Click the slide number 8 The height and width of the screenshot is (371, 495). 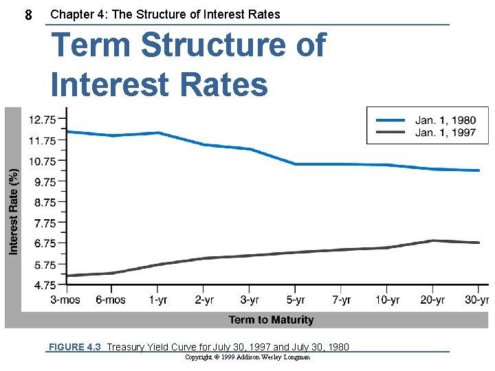(x=28, y=14)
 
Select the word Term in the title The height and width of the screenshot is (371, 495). (x=92, y=46)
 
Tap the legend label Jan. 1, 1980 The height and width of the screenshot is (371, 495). (x=445, y=121)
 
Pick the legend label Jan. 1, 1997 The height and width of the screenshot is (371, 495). (x=445, y=133)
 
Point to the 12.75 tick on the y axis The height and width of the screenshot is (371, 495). (x=43, y=120)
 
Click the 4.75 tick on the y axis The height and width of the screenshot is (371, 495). (x=43, y=284)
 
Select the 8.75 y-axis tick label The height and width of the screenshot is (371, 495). (x=43, y=202)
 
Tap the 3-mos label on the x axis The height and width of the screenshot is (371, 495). (x=65, y=300)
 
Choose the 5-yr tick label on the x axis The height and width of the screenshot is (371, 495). (x=295, y=300)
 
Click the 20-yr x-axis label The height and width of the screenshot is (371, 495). (x=432, y=300)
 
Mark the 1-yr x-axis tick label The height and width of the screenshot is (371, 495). (x=157, y=300)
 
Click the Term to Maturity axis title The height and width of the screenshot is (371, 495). (x=271, y=319)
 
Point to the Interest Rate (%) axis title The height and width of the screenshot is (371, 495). (x=14, y=213)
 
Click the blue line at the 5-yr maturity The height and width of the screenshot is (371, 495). (x=295, y=164)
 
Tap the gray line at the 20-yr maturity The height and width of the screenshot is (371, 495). (x=432, y=240)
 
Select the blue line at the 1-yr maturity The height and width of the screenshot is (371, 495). (x=157, y=133)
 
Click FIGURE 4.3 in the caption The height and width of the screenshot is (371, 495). (x=74, y=347)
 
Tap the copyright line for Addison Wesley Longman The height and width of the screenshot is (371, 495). (x=247, y=357)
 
